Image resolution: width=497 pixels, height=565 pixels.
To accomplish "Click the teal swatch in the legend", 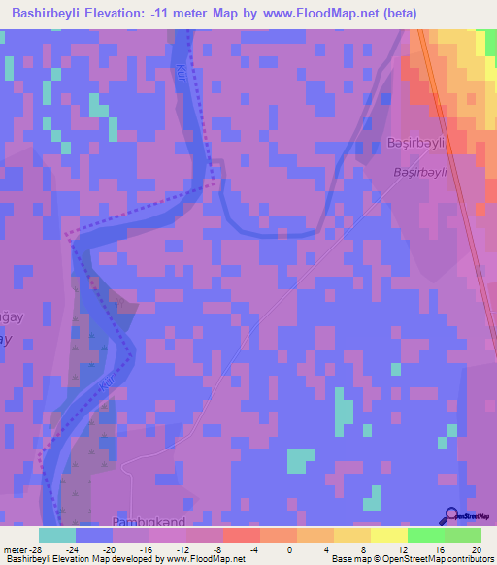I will (56, 535).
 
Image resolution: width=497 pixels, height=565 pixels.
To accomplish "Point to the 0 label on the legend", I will (278, 549).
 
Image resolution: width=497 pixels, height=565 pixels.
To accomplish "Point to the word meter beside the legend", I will (15, 549).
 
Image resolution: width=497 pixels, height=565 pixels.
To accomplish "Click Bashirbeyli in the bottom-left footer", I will (25, 560).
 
